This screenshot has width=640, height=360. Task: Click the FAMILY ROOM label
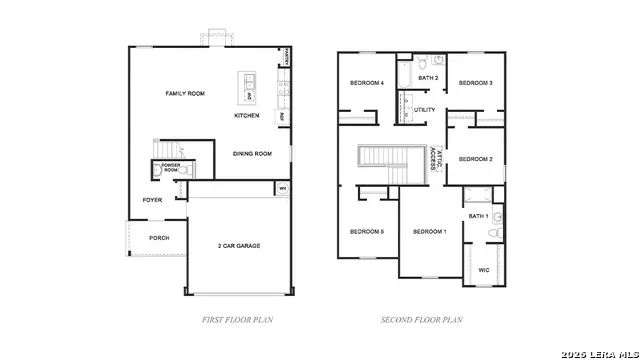tap(185, 93)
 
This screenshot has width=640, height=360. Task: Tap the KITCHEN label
tap(247, 116)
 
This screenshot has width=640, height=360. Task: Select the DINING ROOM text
tap(252, 154)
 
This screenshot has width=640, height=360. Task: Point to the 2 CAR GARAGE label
tap(239, 245)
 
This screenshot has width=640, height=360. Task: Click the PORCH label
tap(158, 238)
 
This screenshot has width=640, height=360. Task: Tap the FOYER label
tap(152, 200)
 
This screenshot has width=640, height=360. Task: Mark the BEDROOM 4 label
tap(366, 83)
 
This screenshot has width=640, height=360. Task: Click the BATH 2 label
tap(429, 78)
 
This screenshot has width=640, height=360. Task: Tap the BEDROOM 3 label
tap(476, 83)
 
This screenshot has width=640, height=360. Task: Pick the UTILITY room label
tap(425, 109)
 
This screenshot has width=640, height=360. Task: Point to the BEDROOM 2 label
tap(476, 159)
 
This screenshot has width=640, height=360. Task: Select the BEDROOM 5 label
tap(367, 232)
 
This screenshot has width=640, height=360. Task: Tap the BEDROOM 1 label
tap(430, 232)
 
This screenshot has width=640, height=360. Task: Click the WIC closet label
tap(484, 269)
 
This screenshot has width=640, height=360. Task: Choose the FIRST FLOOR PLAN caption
tap(237, 320)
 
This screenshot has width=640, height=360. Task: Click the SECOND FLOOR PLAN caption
tap(422, 320)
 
